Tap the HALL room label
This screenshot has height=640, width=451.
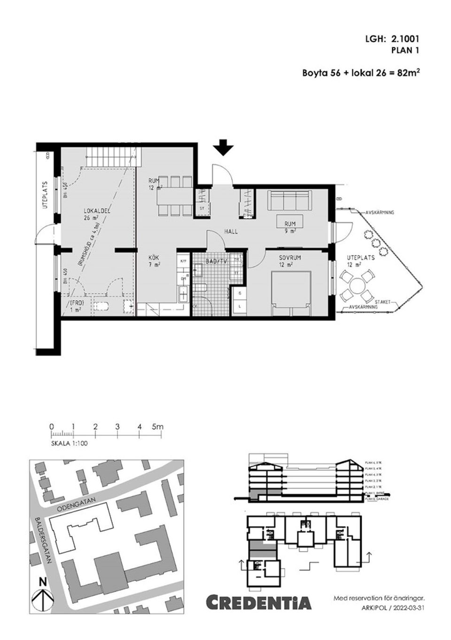click(x=231, y=232)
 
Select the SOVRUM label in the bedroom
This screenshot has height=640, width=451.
click(x=289, y=258)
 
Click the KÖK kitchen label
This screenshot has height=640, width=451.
click(x=154, y=258)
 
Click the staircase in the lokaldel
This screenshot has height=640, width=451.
click(x=112, y=156)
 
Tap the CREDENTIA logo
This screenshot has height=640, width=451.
click(x=259, y=602)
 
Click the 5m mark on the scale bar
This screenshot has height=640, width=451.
click(x=157, y=427)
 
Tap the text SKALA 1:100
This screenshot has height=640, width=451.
click(x=69, y=443)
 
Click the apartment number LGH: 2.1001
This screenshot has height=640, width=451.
click(x=391, y=40)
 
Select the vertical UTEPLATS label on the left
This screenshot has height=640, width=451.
click(x=46, y=195)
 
